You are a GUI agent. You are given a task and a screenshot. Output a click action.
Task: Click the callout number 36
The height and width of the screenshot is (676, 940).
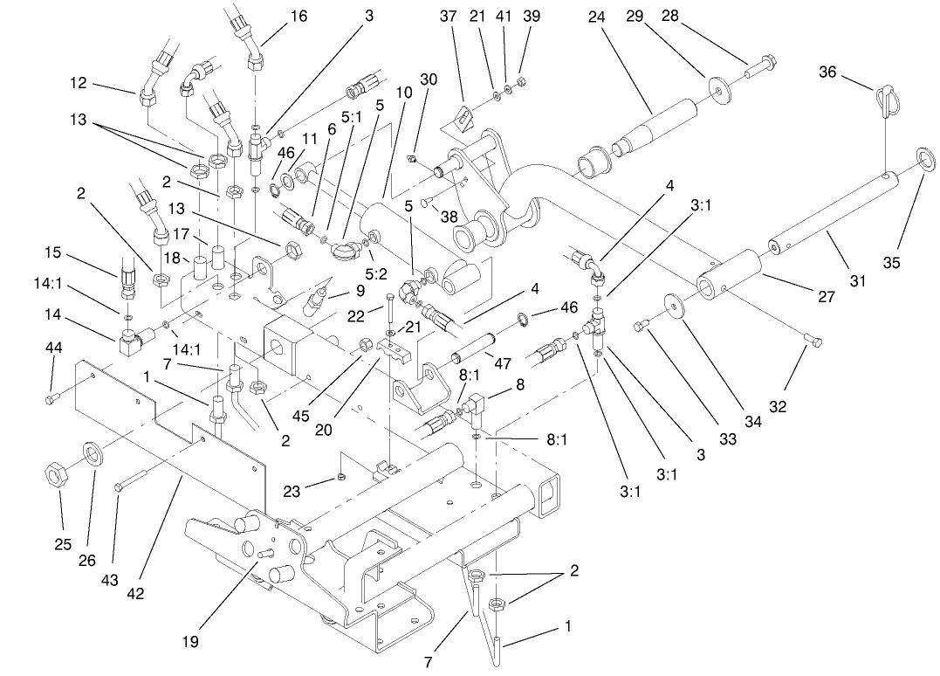tap(827, 72)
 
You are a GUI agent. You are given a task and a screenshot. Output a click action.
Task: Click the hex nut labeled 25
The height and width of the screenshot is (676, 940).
tap(55, 476)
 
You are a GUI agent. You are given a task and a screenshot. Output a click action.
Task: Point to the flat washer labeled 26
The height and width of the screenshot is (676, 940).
tap(93, 454)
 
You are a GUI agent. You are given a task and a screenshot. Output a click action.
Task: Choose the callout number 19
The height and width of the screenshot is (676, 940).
tap(190, 642)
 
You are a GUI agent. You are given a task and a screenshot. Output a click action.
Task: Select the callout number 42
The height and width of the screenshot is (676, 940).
tap(135, 594)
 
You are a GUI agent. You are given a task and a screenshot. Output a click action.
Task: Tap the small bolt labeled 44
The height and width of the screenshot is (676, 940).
tap(51, 399)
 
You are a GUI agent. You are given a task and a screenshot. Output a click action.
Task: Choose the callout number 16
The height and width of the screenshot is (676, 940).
tap(298, 17)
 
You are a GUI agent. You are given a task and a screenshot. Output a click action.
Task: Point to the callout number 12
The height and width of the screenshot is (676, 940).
tap(79, 83)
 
